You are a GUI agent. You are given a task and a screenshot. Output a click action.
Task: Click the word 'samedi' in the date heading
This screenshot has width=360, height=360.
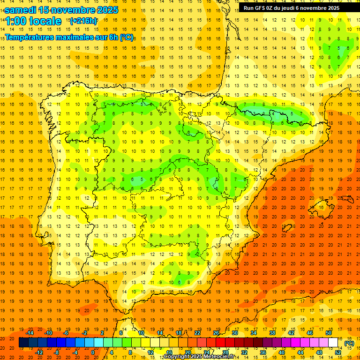(x=21, y=10)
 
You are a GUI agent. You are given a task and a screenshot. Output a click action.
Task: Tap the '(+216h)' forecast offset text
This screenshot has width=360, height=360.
(x=83, y=21)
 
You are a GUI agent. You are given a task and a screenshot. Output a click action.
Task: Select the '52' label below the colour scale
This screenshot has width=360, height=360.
(x=338, y=352)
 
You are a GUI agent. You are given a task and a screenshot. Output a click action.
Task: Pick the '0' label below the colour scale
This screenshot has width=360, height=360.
(x=93, y=352)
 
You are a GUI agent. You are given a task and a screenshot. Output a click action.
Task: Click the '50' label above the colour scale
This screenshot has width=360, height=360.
(x=329, y=332)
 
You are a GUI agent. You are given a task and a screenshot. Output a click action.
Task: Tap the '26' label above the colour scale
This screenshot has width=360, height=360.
(x=216, y=332)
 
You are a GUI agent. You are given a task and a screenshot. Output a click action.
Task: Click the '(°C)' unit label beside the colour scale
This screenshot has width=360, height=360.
(x=349, y=343)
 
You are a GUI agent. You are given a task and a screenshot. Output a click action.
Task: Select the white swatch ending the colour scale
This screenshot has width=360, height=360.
(x=333, y=343)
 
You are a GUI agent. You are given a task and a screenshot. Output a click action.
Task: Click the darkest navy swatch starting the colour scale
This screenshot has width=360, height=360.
(x=23, y=343)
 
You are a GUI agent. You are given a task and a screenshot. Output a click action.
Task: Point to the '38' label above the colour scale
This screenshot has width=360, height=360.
(x=272, y=332)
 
